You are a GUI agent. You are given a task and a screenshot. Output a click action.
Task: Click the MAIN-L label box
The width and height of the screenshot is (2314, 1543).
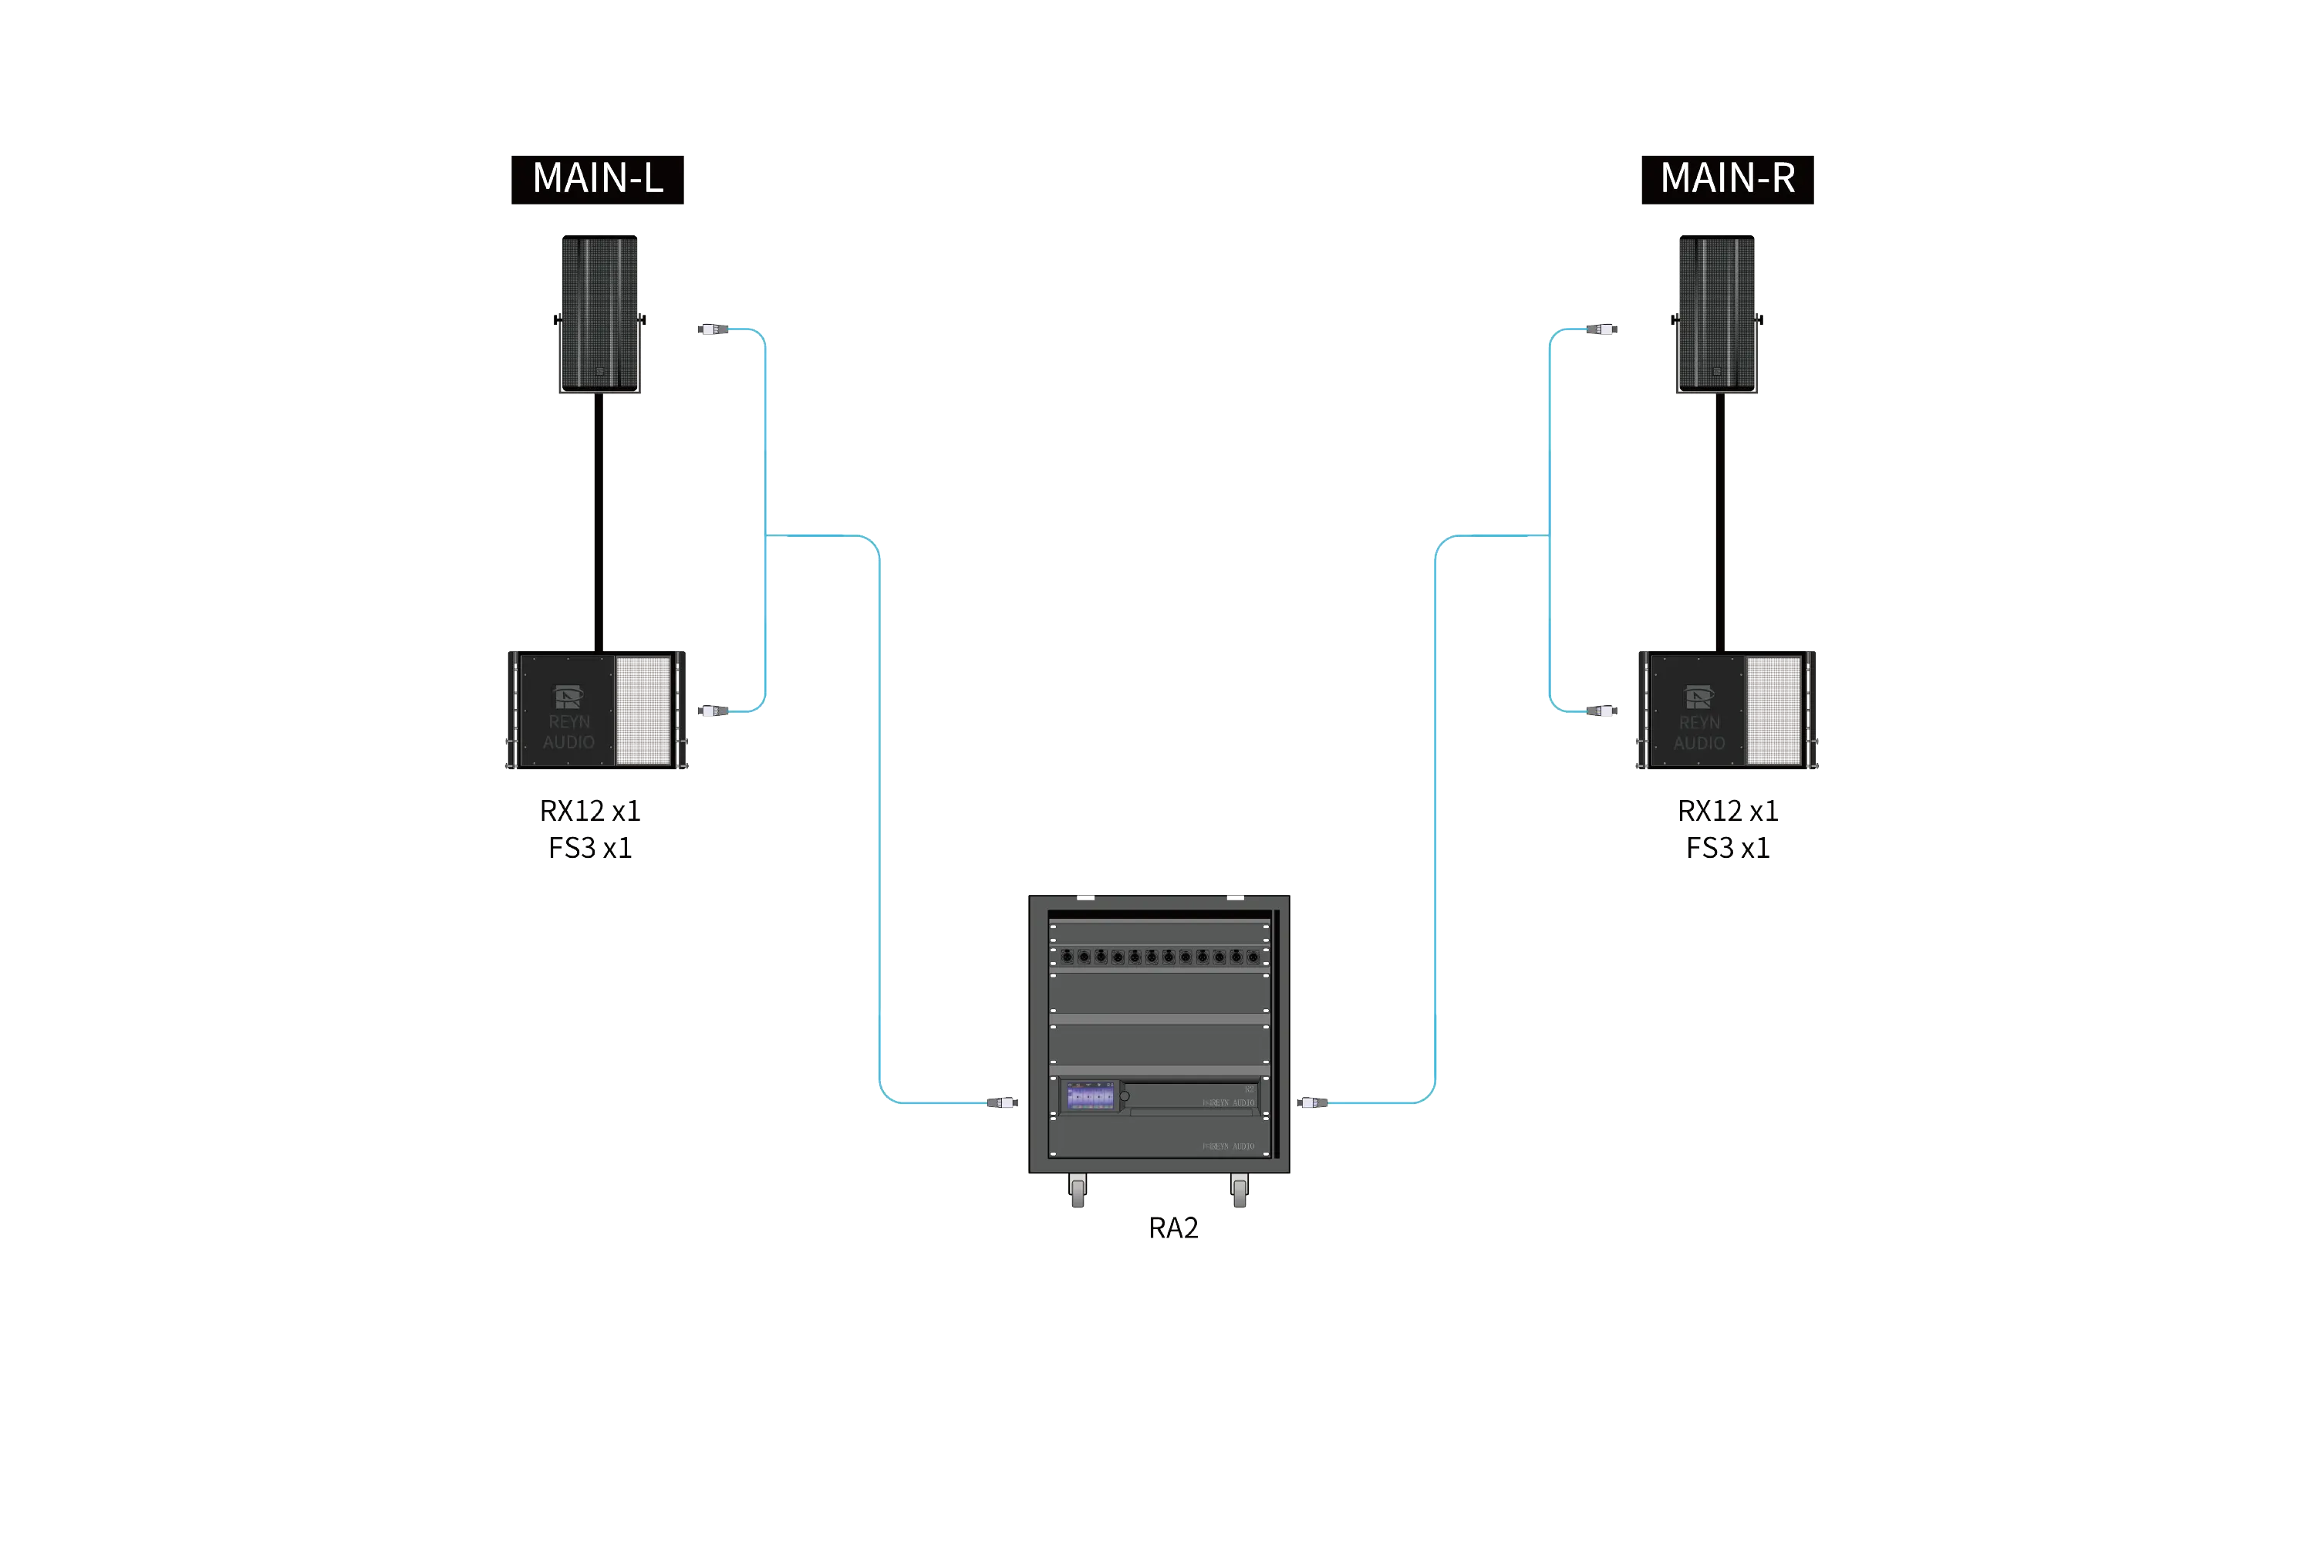(595, 181)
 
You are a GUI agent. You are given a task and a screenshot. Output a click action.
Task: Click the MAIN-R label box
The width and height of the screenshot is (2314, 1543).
(1727, 181)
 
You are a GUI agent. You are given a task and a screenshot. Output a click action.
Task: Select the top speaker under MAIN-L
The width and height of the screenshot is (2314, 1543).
(600, 314)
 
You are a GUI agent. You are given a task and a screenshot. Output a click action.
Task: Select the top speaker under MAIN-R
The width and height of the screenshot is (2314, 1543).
(1717, 314)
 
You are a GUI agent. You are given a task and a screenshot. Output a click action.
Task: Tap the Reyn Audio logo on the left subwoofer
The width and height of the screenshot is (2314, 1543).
(568, 697)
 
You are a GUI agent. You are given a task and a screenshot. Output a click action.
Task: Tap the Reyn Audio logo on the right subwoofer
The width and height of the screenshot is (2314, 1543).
(1698, 697)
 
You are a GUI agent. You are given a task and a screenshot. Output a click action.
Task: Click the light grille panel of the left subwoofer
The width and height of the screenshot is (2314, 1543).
(643, 711)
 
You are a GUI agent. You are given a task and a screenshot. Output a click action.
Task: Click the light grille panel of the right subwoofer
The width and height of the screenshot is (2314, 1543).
(1773, 711)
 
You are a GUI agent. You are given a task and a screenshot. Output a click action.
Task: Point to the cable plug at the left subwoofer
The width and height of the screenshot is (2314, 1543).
(710, 711)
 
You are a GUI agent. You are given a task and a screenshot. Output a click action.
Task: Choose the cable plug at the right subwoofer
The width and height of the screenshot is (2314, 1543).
(1606, 711)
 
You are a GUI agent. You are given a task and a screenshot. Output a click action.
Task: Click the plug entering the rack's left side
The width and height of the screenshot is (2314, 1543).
(1001, 1102)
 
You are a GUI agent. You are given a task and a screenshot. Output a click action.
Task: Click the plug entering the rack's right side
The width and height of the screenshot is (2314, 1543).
(1313, 1102)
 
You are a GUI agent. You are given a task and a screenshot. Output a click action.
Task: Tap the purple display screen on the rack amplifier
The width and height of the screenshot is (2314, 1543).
(1090, 1096)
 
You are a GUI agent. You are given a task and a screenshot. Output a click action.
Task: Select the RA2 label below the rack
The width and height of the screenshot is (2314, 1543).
(1174, 1228)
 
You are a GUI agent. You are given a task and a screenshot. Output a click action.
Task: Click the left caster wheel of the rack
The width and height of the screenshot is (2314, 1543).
(1078, 1192)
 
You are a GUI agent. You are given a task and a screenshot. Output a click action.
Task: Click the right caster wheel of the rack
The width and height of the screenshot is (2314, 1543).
(1240, 1192)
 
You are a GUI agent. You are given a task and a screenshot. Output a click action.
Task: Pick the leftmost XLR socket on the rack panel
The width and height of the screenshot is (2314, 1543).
(1068, 957)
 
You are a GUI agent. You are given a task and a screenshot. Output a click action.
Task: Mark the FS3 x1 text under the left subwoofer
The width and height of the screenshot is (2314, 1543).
(592, 847)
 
